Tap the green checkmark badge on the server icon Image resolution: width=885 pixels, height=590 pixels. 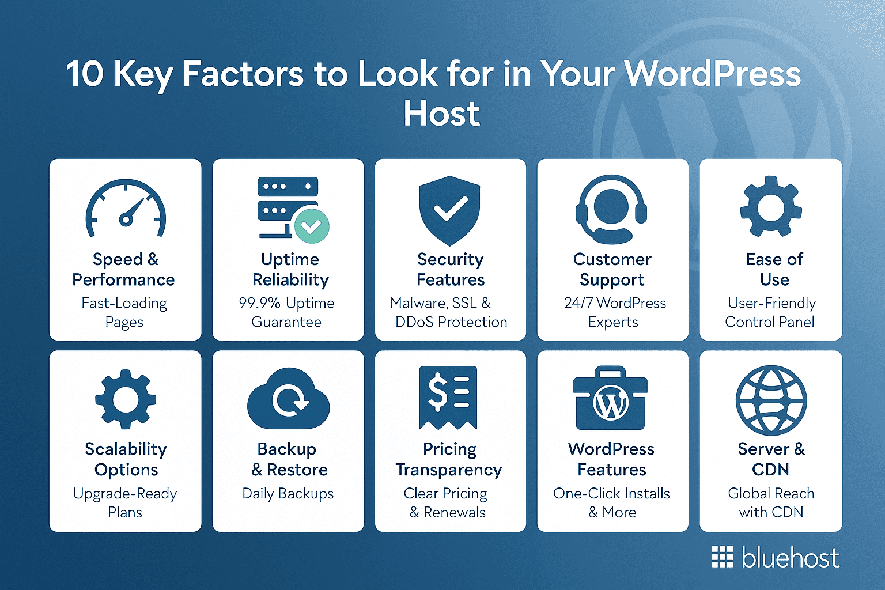pyautogui.click(x=312, y=226)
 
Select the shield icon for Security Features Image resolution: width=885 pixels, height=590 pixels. pyautogui.click(x=450, y=210)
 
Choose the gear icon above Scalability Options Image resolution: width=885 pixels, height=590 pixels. pyautogui.click(x=126, y=399)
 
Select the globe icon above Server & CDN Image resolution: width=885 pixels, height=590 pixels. pyautogui.click(x=771, y=400)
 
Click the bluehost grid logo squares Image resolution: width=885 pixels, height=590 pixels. pyautogui.click(x=722, y=557)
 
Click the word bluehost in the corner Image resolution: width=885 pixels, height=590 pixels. pyautogui.click(x=790, y=558)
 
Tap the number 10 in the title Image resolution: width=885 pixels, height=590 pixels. pyautogui.click(x=85, y=74)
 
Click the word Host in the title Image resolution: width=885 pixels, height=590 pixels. pyautogui.click(x=441, y=113)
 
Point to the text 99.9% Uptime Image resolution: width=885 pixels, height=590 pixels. pyautogui.click(x=286, y=303)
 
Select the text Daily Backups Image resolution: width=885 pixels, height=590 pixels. pyautogui.click(x=288, y=494)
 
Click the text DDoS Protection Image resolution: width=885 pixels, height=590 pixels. pyautogui.click(x=451, y=322)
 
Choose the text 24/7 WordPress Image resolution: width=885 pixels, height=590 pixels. pyautogui.click(x=615, y=303)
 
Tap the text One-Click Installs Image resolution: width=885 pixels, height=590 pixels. pyautogui.click(x=611, y=494)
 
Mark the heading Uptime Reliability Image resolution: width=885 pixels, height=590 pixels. pyautogui.click(x=290, y=269)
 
